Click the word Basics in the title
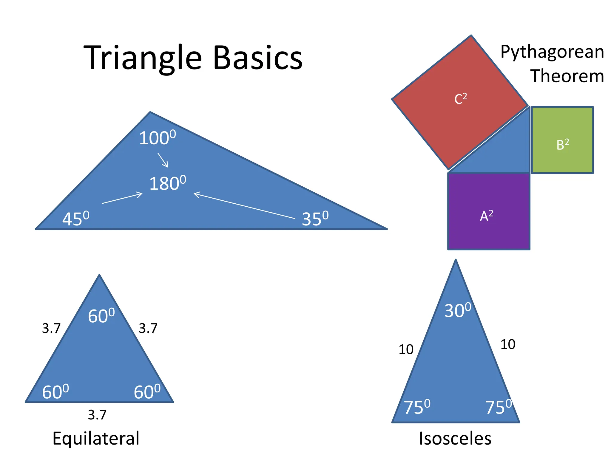(258, 58)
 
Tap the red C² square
(460, 101)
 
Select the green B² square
(562, 140)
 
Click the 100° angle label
(157, 138)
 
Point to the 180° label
(167, 183)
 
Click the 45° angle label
(75, 219)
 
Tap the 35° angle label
(315, 219)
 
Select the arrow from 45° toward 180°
(122, 198)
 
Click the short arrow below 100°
(163, 160)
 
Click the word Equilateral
(96, 438)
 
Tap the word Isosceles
(455, 438)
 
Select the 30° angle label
(458, 310)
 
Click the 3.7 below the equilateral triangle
(97, 415)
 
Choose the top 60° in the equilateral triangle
(101, 316)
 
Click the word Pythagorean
(552, 52)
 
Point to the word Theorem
(567, 76)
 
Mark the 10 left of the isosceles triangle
(406, 349)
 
